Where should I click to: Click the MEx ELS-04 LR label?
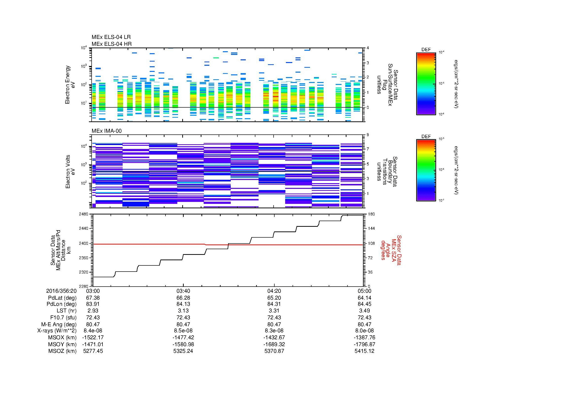click(111, 37)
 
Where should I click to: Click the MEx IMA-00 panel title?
click(107, 131)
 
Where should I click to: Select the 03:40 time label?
click(183, 291)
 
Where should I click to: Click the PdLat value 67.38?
click(93, 298)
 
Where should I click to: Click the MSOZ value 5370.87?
click(274, 351)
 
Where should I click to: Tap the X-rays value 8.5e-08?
click(183, 331)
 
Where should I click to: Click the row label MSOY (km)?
click(62, 344)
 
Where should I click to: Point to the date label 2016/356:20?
click(61, 291)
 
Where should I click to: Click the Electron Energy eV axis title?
click(70, 85)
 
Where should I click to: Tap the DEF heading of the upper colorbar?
click(426, 50)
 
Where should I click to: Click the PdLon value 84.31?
click(274, 304)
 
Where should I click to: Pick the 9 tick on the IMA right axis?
click(368, 135)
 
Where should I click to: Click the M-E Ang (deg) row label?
click(59, 324)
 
